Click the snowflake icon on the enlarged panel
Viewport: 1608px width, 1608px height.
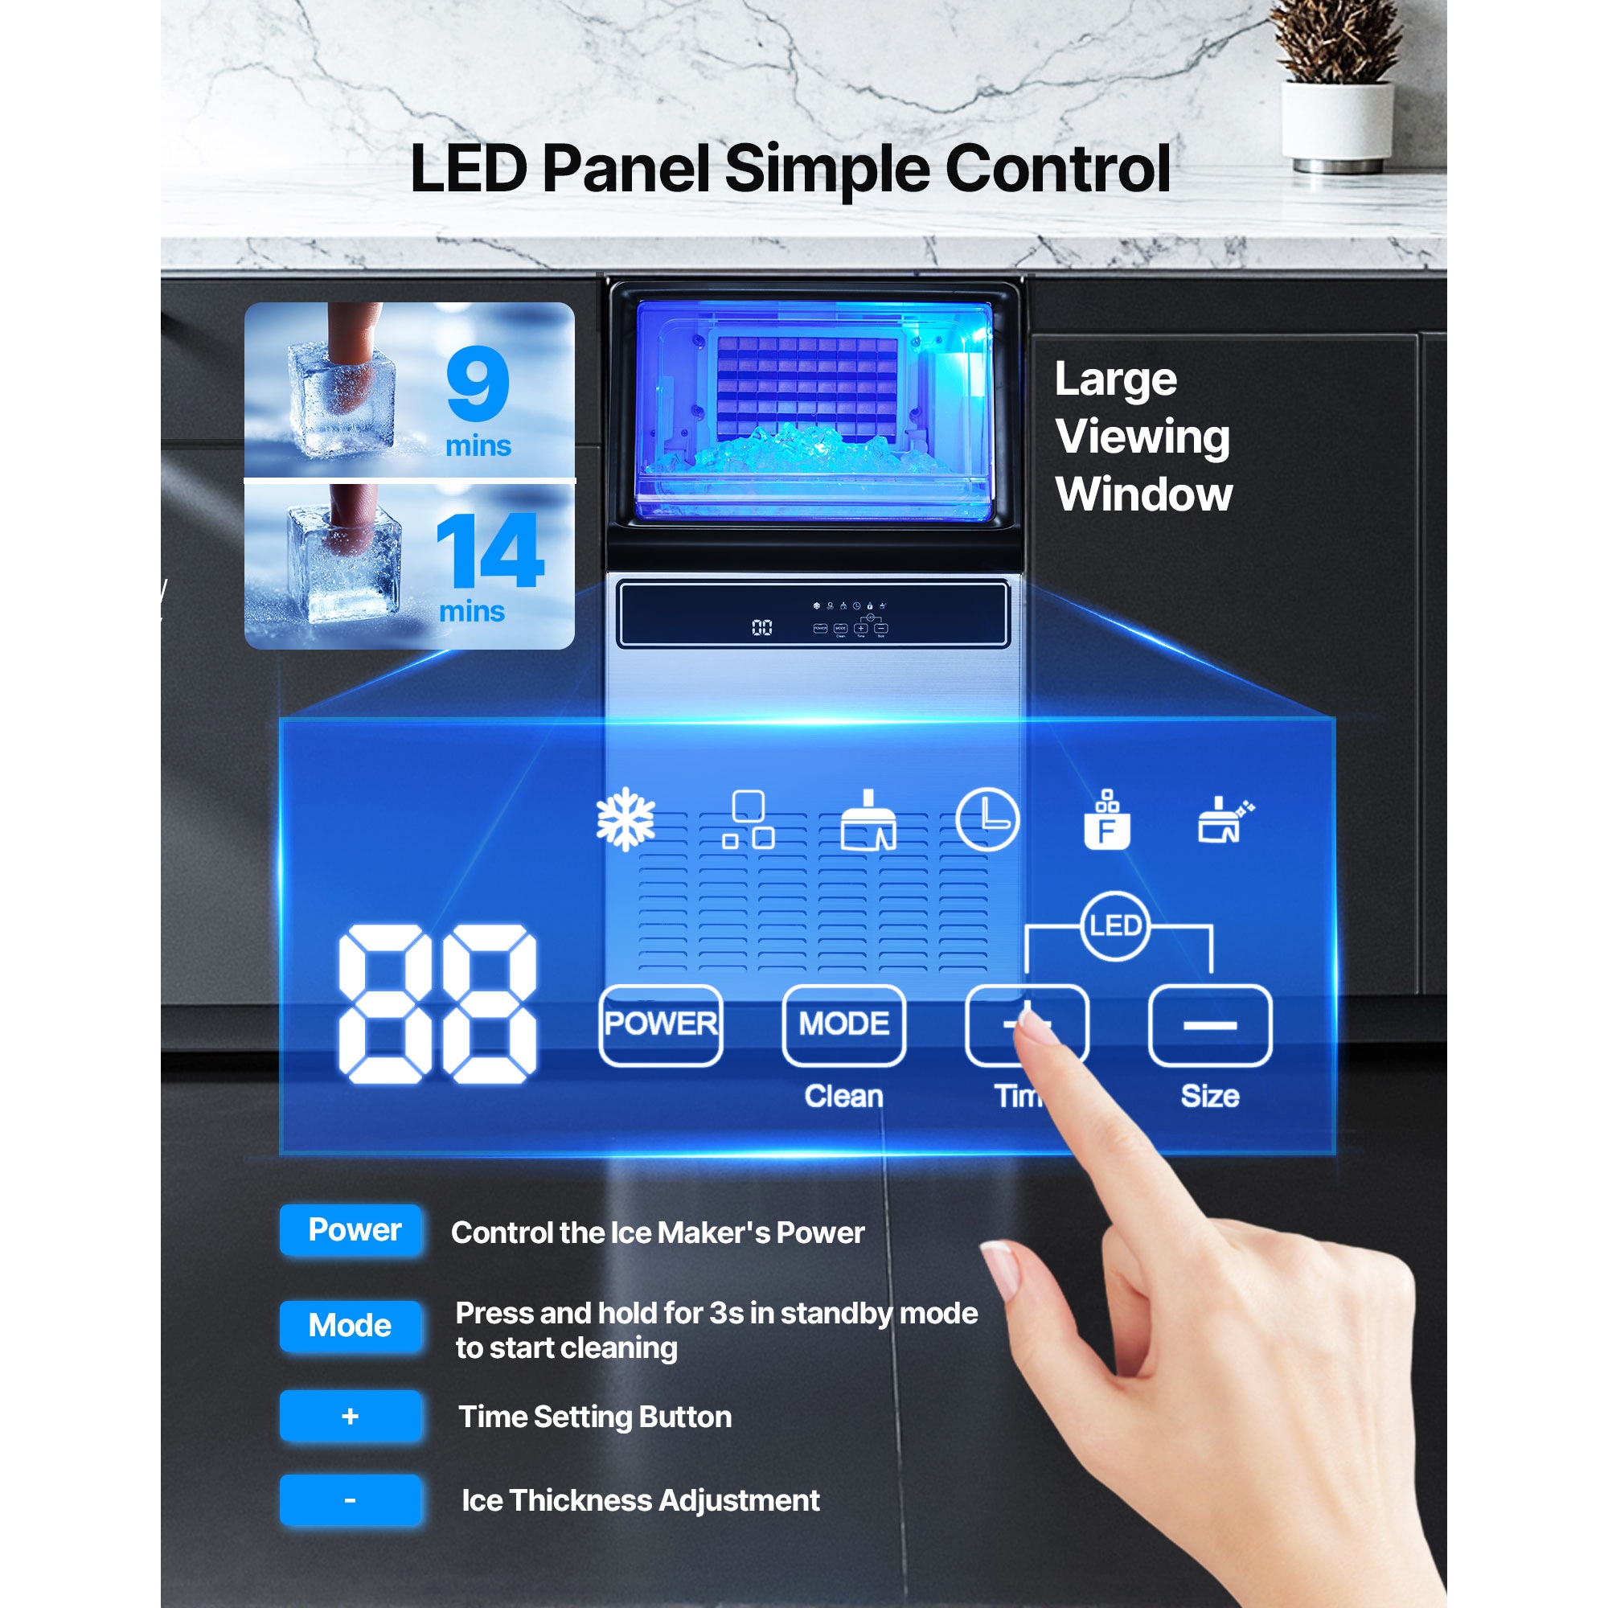626,820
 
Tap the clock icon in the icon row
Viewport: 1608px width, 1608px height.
987,820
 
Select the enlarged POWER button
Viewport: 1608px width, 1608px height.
661,1024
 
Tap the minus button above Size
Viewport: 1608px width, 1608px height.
1209,1024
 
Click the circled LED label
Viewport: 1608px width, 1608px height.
1114,925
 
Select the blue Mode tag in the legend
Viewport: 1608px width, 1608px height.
351,1325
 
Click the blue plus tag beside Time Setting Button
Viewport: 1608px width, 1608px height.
351,1416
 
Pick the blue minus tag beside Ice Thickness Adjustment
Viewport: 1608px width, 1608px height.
351,1499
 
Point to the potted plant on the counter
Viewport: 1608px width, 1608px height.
1337,84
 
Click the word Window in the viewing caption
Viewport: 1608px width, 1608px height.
1143,494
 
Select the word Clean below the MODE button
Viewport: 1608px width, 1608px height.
843,1096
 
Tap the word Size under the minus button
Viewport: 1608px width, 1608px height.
1209,1096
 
